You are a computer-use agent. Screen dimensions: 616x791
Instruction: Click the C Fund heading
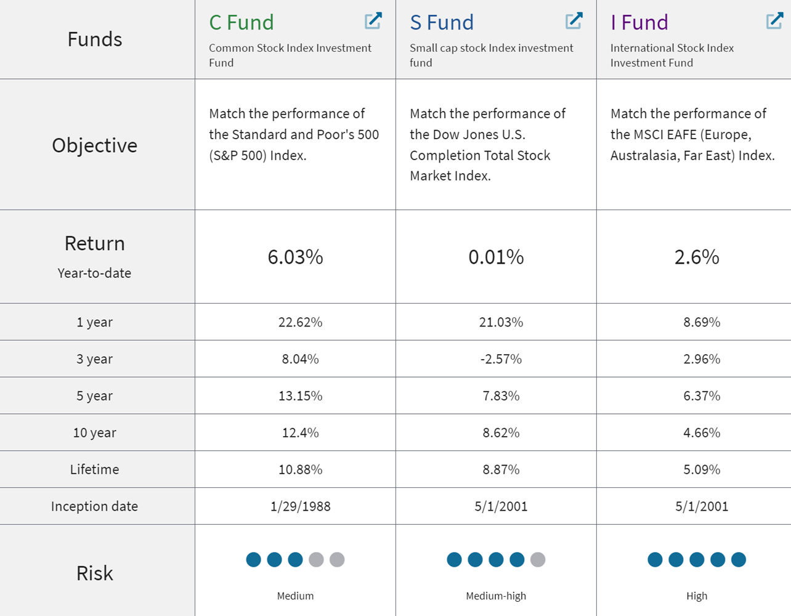click(x=241, y=22)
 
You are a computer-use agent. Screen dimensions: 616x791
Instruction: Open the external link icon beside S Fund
click(x=574, y=21)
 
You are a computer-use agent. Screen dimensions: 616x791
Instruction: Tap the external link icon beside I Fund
click(x=774, y=21)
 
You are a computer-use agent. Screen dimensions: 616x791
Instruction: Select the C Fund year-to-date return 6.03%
click(x=295, y=257)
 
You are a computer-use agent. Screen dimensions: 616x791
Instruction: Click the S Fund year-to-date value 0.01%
click(x=496, y=257)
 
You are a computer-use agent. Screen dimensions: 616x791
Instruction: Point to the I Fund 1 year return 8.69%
click(x=701, y=322)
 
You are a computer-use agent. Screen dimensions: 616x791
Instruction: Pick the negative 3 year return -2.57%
click(x=501, y=359)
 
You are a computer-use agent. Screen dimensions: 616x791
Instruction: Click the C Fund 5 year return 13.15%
click(x=300, y=396)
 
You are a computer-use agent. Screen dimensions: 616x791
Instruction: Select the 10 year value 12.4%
click(x=300, y=433)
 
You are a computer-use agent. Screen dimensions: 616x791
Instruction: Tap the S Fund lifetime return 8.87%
click(x=501, y=469)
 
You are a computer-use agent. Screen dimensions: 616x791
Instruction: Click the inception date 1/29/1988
click(x=300, y=506)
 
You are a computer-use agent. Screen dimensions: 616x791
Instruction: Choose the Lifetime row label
click(x=94, y=469)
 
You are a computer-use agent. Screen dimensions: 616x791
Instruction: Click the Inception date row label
click(x=94, y=506)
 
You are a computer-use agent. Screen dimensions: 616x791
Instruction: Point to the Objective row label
click(x=94, y=145)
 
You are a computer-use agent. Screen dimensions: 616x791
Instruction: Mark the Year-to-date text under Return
click(x=94, y=274)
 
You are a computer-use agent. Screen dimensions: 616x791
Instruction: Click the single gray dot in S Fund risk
click(x=538, y=559)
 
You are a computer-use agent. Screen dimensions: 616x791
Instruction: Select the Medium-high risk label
click(x=496, y=596)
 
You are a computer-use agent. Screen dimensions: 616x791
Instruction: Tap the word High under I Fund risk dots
click(x=697, y=596)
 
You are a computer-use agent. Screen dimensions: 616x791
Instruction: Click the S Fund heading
click(x=442, y=22)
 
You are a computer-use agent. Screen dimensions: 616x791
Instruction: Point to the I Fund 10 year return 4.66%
click(x=701, y=433)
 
